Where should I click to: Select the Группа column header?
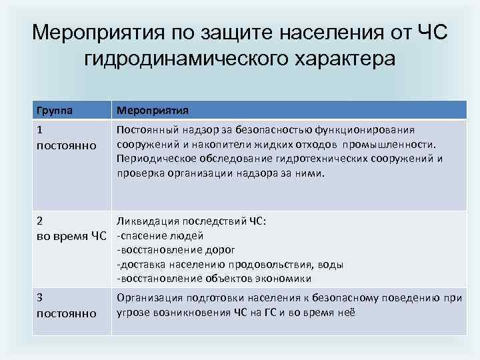[x=56, y=110]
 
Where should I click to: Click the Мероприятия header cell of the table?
[x=153, y=110]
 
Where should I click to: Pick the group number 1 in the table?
[x=39, y=131]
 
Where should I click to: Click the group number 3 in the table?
[x=40, y=298]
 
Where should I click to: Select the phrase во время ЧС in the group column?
[x=71, y=235]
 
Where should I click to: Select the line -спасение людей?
[x=159, y=235]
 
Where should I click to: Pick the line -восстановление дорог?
[x=176, y=250]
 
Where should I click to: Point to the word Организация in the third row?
[x=148, y=298]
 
